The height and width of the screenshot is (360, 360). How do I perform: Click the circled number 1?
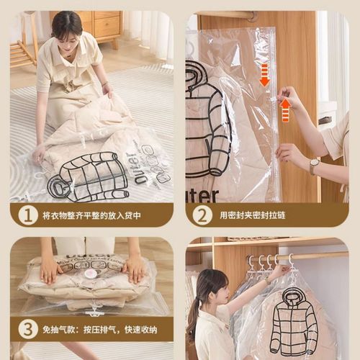pyautogui.click(x=27, y=215)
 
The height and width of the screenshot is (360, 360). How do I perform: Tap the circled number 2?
pyautogui.click(x=202, y=215)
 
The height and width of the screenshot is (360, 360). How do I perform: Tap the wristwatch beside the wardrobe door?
pyautogui.click(x=315, y=166)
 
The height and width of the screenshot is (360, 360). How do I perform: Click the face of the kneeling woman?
pyautogui.click(x=66, y=33)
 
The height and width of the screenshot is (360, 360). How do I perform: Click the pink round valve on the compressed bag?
pyautogui.click(x=91, y=274)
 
